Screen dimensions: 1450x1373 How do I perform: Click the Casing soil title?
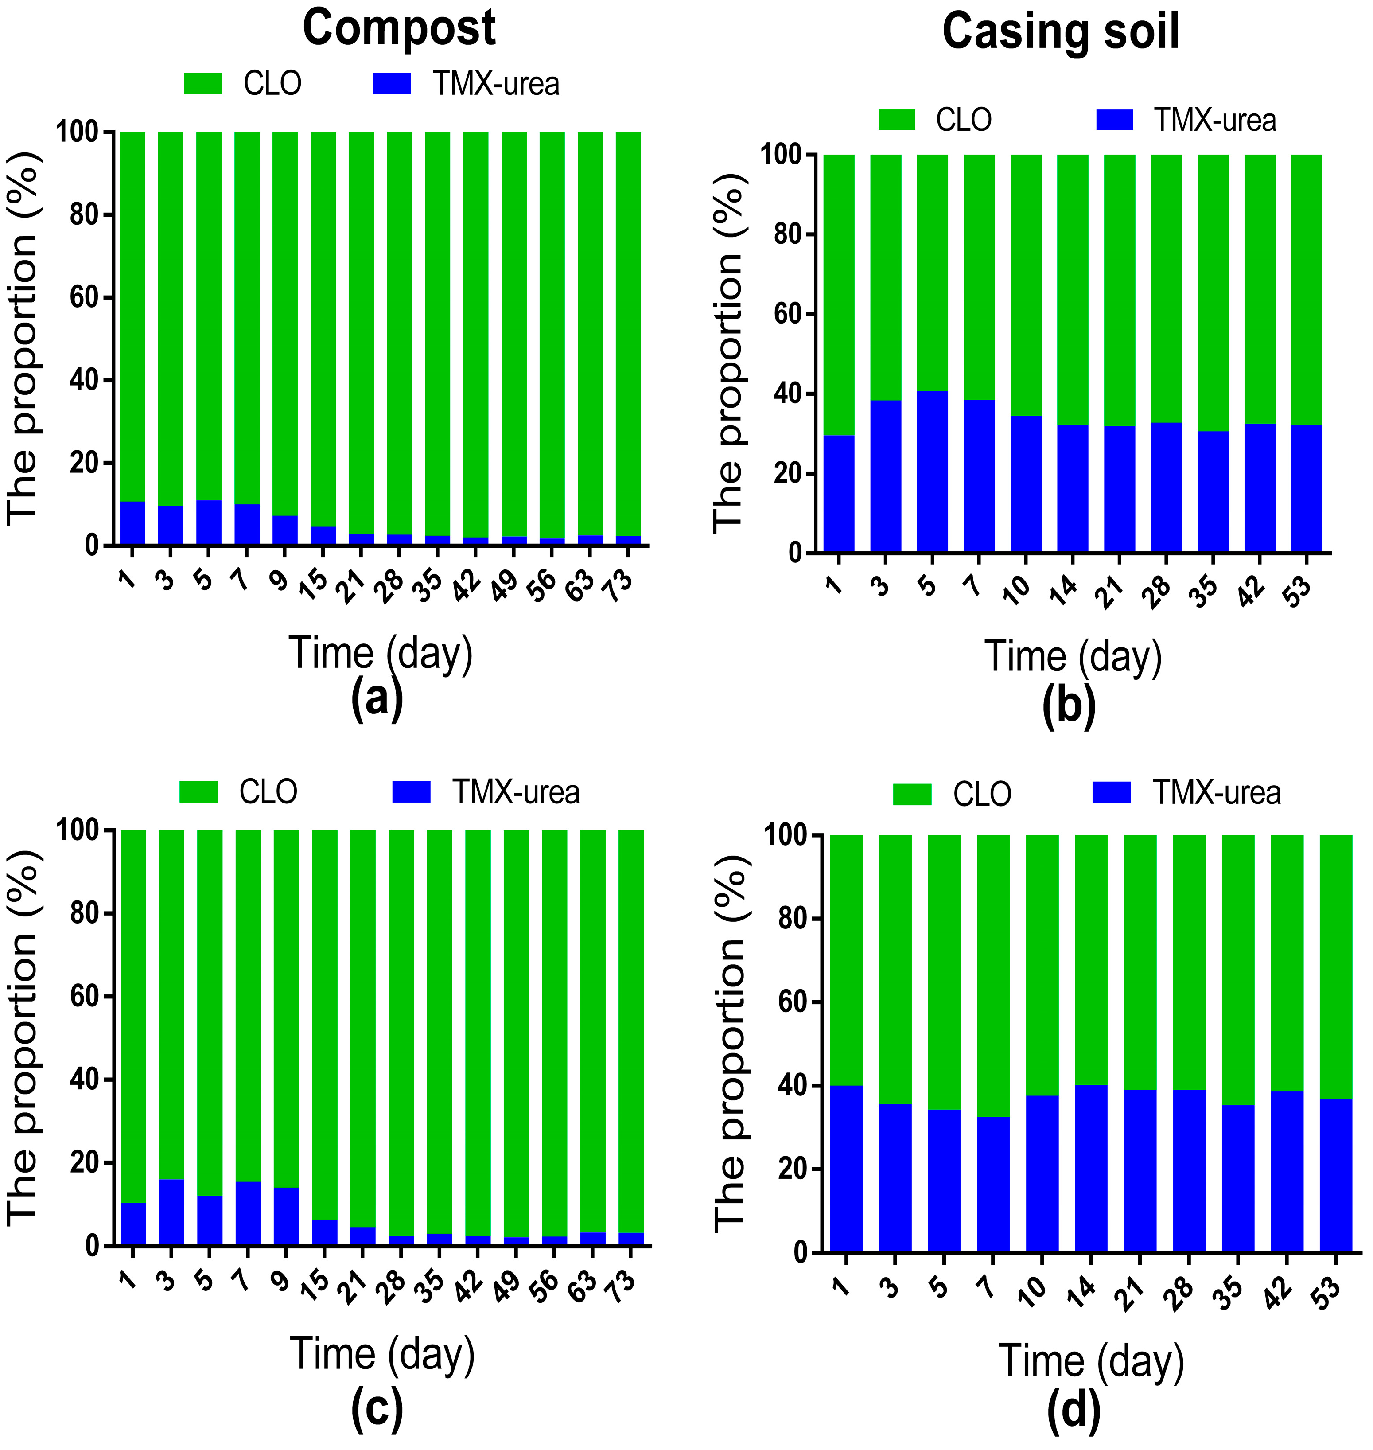tap(1061, 32)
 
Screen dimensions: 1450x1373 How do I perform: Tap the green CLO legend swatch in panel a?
tap(203, 83)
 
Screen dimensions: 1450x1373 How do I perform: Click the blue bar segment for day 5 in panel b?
tap(932, 472)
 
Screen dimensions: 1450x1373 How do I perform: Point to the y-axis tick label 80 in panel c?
tap(85, 914)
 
